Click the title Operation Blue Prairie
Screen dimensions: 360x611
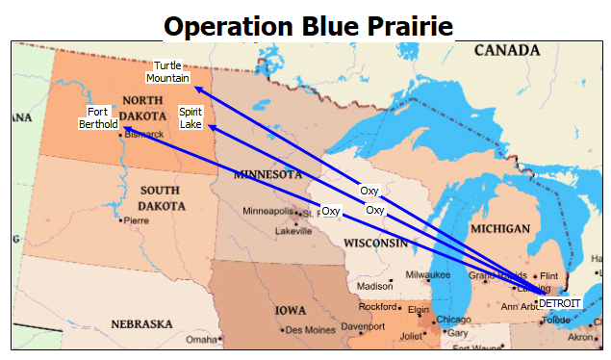[x=307, y=25]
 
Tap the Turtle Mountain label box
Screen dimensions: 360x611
[x=168, y=71]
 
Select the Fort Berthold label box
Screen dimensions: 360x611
[x=98, y=117]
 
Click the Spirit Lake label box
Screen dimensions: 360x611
[x=191, y=117]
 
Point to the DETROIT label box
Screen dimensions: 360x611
[x=559, y=302]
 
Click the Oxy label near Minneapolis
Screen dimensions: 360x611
[x=331, y=211]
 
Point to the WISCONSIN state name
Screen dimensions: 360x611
[x=376, y=243]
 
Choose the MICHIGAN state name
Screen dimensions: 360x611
[x=500, y=229]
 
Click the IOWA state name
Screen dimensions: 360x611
[x=291, y=311]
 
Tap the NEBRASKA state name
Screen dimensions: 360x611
[x=141, y=324]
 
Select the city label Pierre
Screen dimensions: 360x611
[x=136, y=220]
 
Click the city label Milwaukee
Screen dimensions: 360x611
[x=428, y=274]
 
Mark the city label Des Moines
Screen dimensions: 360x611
[x=309, y=330]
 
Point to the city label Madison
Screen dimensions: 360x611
[x=374, y=287]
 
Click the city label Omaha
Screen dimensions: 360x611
[x=202, y=340]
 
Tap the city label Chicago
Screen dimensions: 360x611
[x=453, y=320]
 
